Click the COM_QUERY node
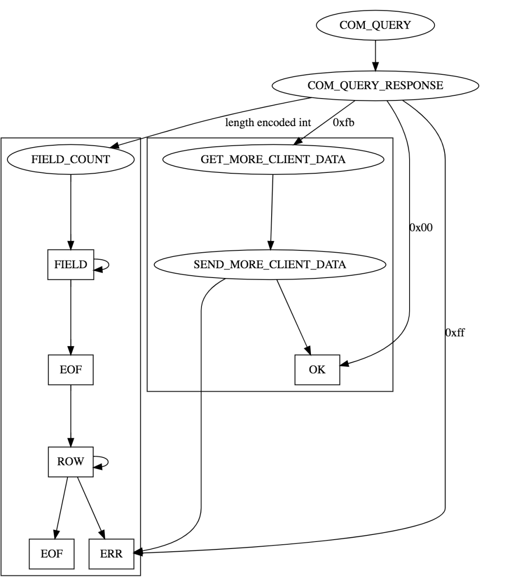coord(375,25)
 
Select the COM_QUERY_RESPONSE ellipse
coord(375,85)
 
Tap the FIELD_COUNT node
coord(71,159)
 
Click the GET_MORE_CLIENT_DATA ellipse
coord(273,159)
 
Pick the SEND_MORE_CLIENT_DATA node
coord(270,264)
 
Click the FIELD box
coord(71,264)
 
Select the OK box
coord(317,370)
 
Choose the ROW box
coord(71,462)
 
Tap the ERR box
coord(111,554)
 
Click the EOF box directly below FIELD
coord(71,370)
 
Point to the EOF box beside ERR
coord(51,554)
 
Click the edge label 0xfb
coord(343,123)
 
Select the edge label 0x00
coord(421,228)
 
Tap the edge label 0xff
coord(455,333)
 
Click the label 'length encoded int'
coord(268,123)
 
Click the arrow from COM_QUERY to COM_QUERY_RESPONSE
coord(375,55)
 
